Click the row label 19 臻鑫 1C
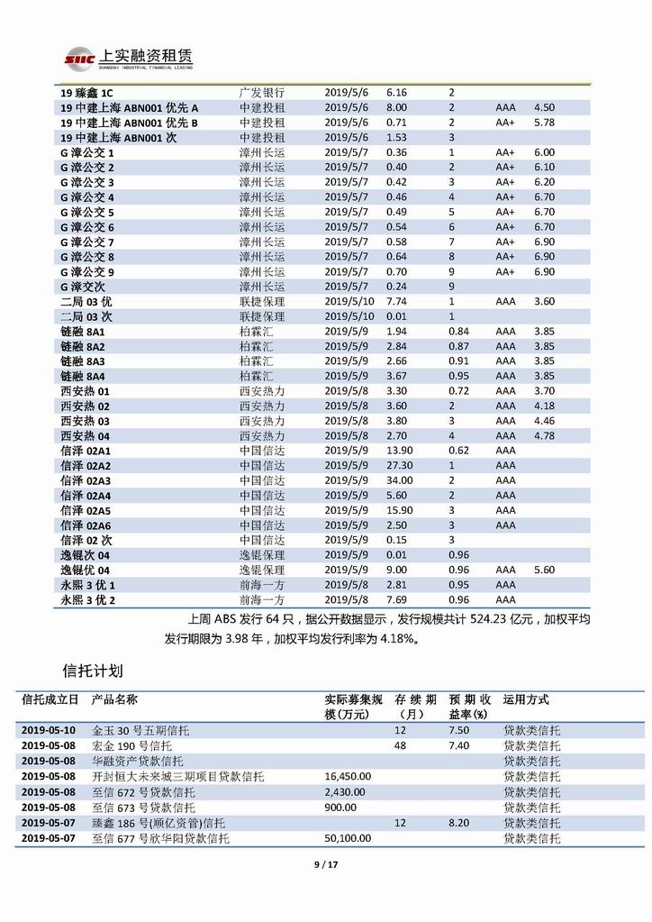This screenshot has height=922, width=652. point(87,92)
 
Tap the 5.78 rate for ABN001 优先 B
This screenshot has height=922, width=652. point(544,122)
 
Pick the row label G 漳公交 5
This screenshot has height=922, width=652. point(87,212)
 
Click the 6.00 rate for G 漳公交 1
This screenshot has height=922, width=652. point(544,152)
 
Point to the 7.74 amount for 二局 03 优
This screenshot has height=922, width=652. point(396,302)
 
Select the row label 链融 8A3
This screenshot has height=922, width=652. point(83,361)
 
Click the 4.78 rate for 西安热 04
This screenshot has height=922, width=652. point(544,436)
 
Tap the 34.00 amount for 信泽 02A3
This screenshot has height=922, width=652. point(400,480)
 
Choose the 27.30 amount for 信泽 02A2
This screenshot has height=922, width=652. point(400,466)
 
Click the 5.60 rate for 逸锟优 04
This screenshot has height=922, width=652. point(544,570)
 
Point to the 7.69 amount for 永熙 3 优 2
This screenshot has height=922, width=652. point(396,599)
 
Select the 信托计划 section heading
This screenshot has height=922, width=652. point(93,671)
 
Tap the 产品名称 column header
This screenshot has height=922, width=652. point(115,699)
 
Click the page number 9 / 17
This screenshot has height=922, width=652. point(325,866)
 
